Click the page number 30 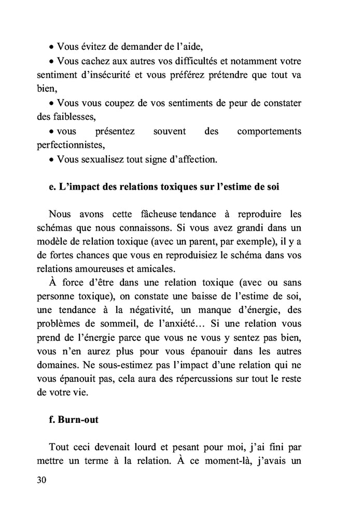42,480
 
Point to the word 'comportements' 269,132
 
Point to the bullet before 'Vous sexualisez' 51,160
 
